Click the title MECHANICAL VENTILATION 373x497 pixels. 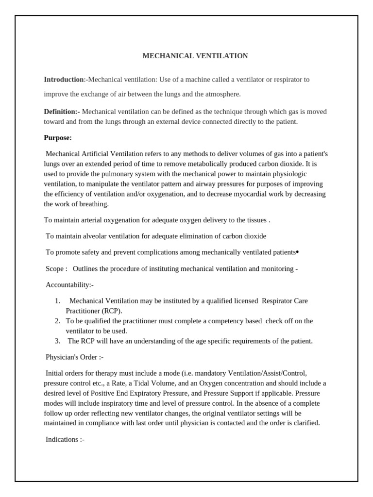tap(195, 56)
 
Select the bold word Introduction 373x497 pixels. tap(64, 79)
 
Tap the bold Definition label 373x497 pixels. tap(61, 112)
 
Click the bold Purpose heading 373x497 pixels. tap(57, 138)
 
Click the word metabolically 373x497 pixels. tap(194, 164)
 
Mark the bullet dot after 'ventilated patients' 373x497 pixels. tap(297, 252)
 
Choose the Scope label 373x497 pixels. tap(55, 268)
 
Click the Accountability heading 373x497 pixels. tap(69, 284)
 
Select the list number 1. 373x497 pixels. tap(57, 301)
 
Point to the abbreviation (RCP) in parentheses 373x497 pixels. tap(112, 311)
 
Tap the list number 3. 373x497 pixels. tap(57, 341)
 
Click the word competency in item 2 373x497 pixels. tap(204, 321)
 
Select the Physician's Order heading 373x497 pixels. tap(74, 357)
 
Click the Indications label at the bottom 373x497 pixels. tap(65, 439)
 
